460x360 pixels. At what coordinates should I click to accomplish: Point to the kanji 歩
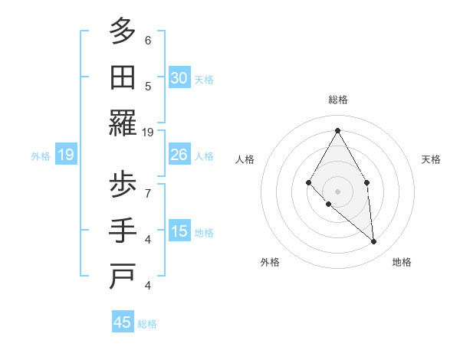pyautogui.click(x=123, y=185)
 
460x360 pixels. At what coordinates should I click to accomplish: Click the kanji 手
pyautogui.click(x=123, y=231)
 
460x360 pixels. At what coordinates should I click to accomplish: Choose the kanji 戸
pyautogui.click(x=123, y=277)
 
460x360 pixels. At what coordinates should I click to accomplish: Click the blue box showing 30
pyautogui.click(x=179, y=78)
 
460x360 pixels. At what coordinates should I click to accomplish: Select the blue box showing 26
pyautogui.click(x=179, y=155)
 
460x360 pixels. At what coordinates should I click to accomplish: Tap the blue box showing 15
pyautogui.click(x=179, y=232)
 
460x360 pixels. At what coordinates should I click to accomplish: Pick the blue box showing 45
pyautogui.click(x=123, y=322)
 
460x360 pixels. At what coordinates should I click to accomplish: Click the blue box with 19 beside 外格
pyautogui.click(x=66, y=155)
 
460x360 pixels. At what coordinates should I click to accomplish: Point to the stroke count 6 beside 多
pyautogui.click(x=148, y=40)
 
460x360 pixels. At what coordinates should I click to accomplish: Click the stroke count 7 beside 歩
pyautogui.click(x=148, y=193)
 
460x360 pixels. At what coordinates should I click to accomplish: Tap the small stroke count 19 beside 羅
pyautogui.click(x=149, y=132)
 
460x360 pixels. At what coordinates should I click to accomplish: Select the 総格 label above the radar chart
pyautogui.click(x=337, y=100)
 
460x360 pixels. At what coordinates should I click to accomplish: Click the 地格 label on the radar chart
pyautogui.click(x=402, y=262)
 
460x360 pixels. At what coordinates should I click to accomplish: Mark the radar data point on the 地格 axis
pyautogui.click(x=374, y=242)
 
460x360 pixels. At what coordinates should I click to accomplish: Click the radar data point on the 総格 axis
pyautogui.click(x=337, y=130)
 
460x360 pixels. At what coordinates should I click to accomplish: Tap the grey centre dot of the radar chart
pyautogui.click(x=337, y=191)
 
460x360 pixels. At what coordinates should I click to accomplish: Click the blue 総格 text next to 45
pyautogui.click(x=147, y=324)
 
